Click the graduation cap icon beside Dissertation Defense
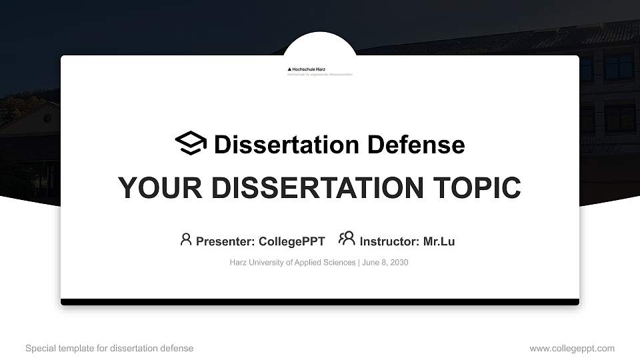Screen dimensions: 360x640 [191, 143]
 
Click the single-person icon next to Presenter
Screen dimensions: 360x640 [186, 239]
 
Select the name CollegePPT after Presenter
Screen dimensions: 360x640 [292, 241]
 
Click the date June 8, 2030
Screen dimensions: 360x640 [385, 263]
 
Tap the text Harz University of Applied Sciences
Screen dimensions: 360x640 [292, 263]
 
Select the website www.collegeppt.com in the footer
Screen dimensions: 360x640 [572, 348]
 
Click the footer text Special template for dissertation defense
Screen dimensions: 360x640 [109, 348]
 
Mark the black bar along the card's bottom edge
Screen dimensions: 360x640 [320, 302]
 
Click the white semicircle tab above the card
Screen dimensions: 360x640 [320, 44]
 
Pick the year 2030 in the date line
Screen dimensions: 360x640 [398, 263]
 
